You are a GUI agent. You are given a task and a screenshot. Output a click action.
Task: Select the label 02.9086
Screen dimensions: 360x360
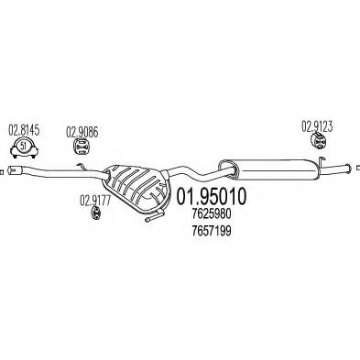click(x=81, y=130)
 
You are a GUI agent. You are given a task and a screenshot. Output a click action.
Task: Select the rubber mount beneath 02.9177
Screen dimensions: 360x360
click(x=95, y=214)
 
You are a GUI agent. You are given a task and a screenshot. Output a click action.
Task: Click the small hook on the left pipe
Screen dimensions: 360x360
click(x=80, y=167)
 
